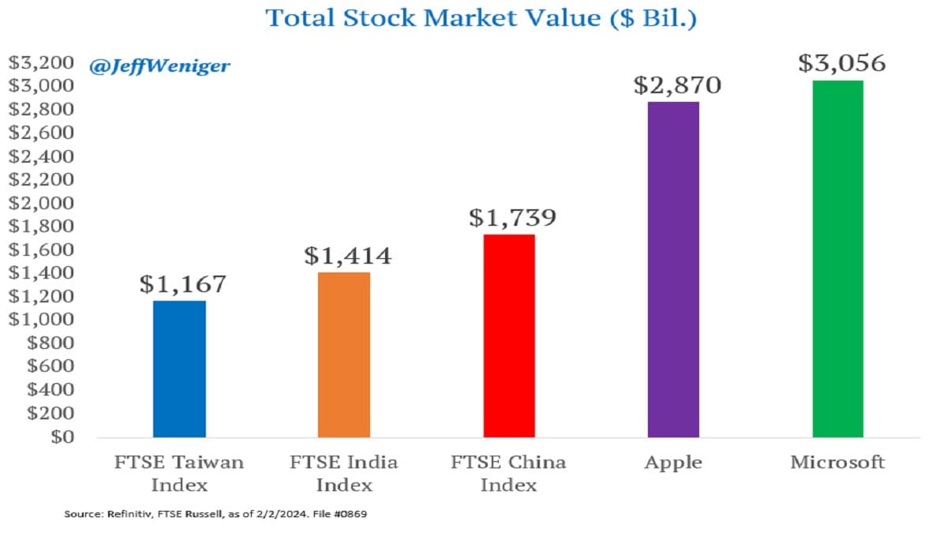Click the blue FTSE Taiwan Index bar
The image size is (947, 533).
coord(179,369)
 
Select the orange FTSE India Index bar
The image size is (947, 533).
coord(344,355)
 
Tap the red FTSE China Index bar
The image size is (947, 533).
coord(509,336)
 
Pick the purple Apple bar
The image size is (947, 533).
coord(673,269)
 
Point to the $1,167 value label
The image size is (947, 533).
coord(183,284)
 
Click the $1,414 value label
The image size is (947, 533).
coord(348,256)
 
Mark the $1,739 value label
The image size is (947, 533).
coord(513,217)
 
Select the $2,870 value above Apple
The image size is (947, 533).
coord(677,84)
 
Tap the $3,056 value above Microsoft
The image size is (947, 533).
coord(841,63)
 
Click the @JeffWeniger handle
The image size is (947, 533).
coord(160,66)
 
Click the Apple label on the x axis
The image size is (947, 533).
coord(673,462)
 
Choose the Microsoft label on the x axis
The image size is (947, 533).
coord(837,462)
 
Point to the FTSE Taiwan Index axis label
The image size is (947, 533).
coord(179,472)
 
